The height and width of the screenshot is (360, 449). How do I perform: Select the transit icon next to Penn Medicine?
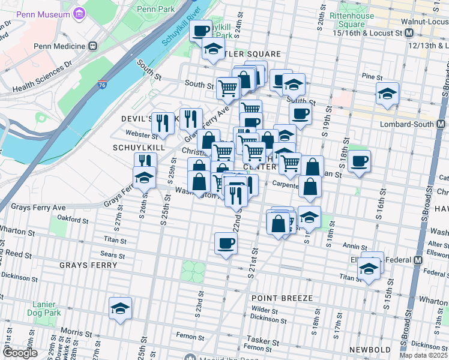coord(92,46)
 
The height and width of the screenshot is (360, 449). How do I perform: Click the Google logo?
coord(20,353)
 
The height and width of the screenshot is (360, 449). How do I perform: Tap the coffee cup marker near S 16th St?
coord(359,161)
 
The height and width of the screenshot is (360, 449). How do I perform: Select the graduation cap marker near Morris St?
coord(121,308)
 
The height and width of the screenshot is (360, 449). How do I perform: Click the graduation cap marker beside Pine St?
coord(387,94)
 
